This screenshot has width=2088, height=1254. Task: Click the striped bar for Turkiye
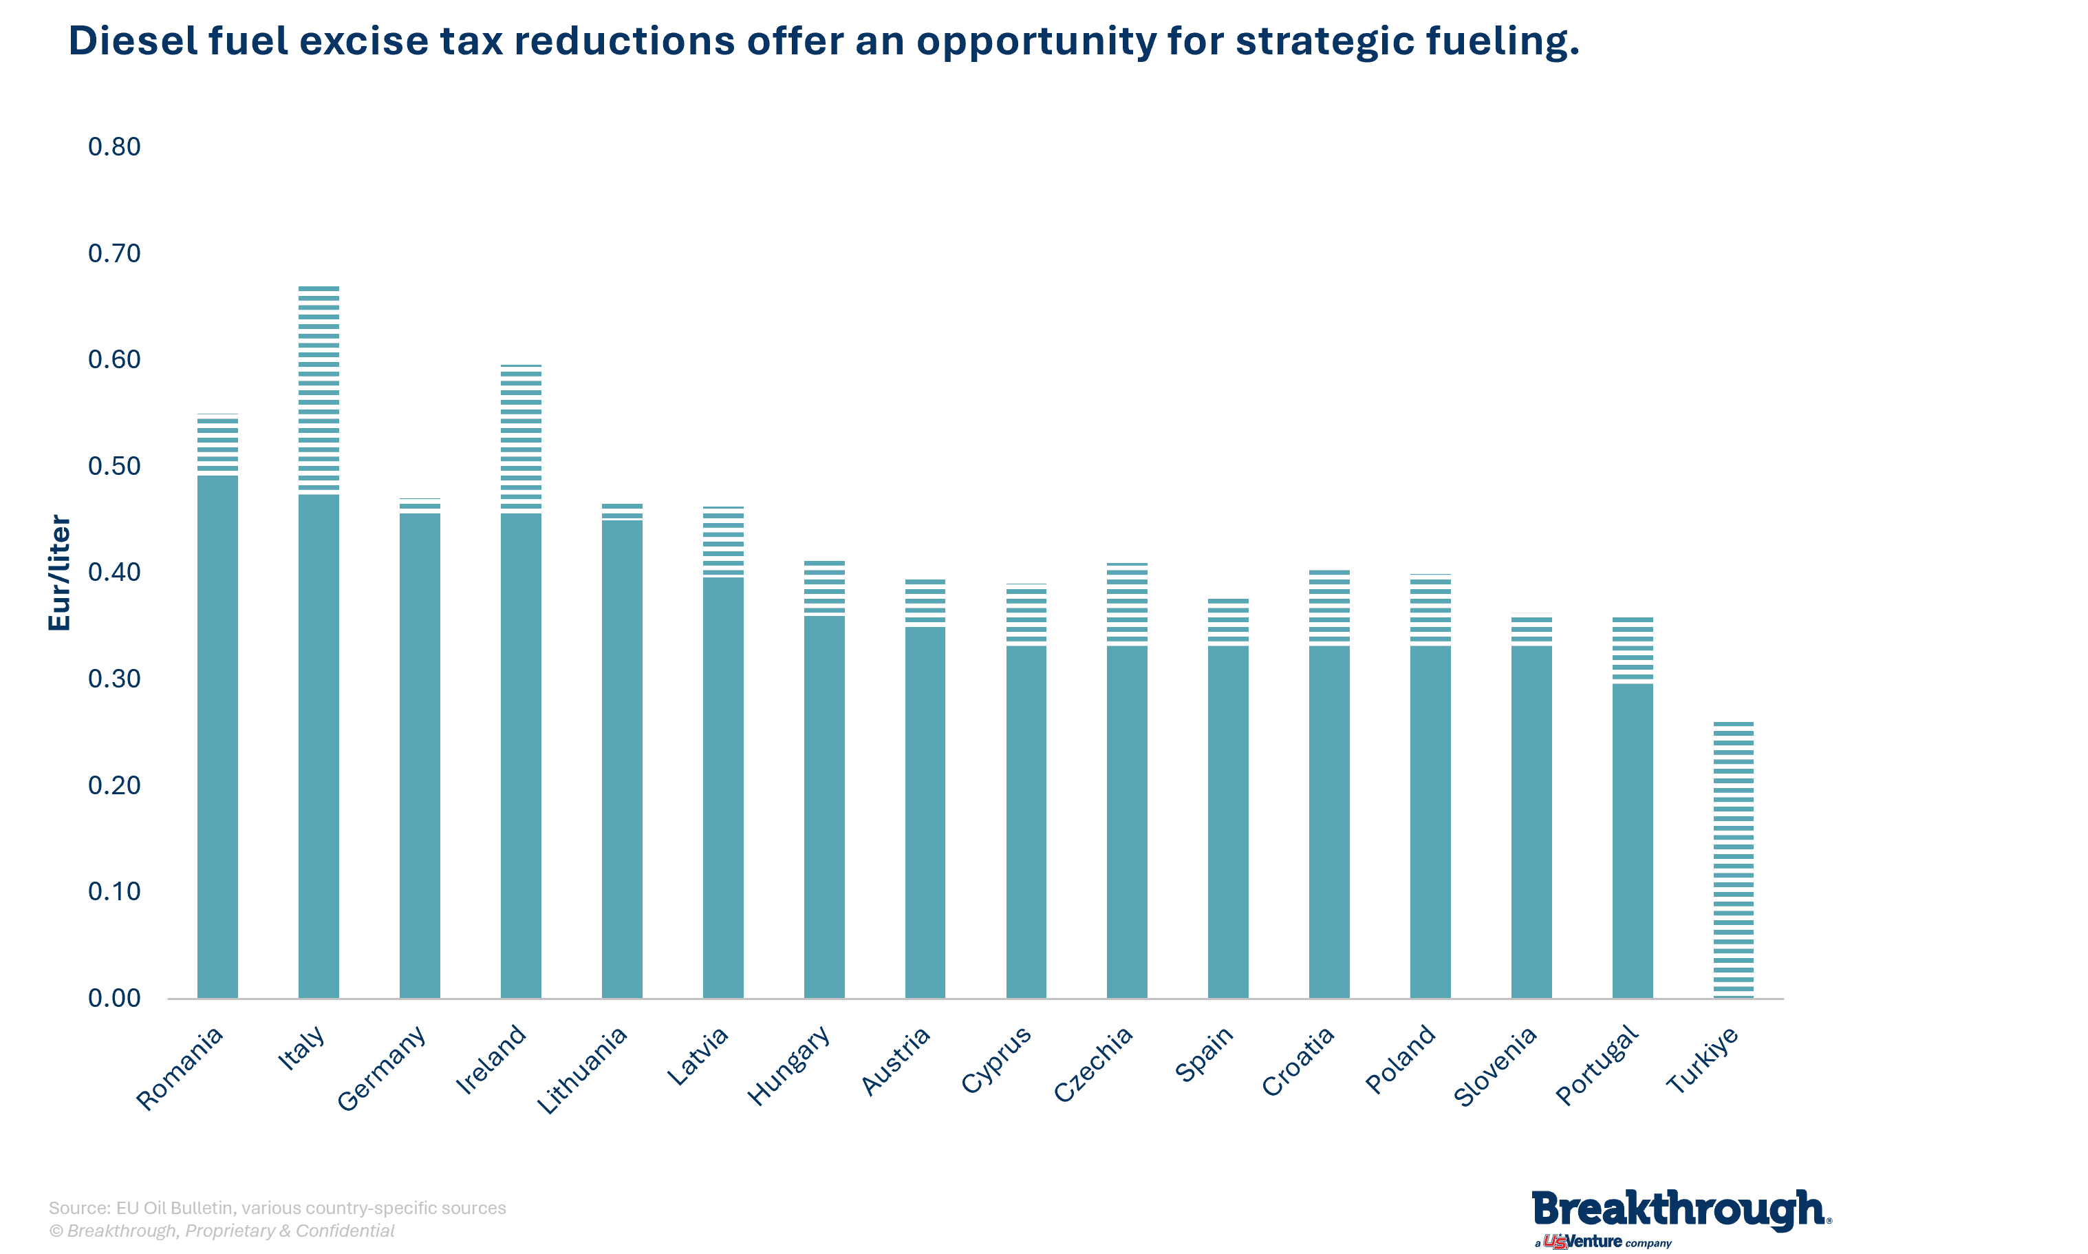tap(1733, 860)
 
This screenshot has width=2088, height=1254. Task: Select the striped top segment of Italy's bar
tap(319, 390)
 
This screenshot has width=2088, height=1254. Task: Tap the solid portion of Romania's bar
tap(217, 736)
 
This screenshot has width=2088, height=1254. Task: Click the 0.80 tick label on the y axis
tap(114, 147)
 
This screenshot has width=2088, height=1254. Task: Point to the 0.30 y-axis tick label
tap(114, 679)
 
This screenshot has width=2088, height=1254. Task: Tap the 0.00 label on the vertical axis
tap(114, 998)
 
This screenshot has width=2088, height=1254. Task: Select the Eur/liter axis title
tap(59, 572)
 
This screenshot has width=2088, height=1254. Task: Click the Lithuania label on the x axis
tap(582, 1070)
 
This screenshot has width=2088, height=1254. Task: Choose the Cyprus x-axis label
tap(996, 1060)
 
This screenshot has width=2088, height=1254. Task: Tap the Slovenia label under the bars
tap(1494, 1066)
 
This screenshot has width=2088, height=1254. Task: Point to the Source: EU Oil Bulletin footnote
tap(277, 1207)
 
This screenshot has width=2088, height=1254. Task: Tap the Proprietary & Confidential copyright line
tap(222, 1231)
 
